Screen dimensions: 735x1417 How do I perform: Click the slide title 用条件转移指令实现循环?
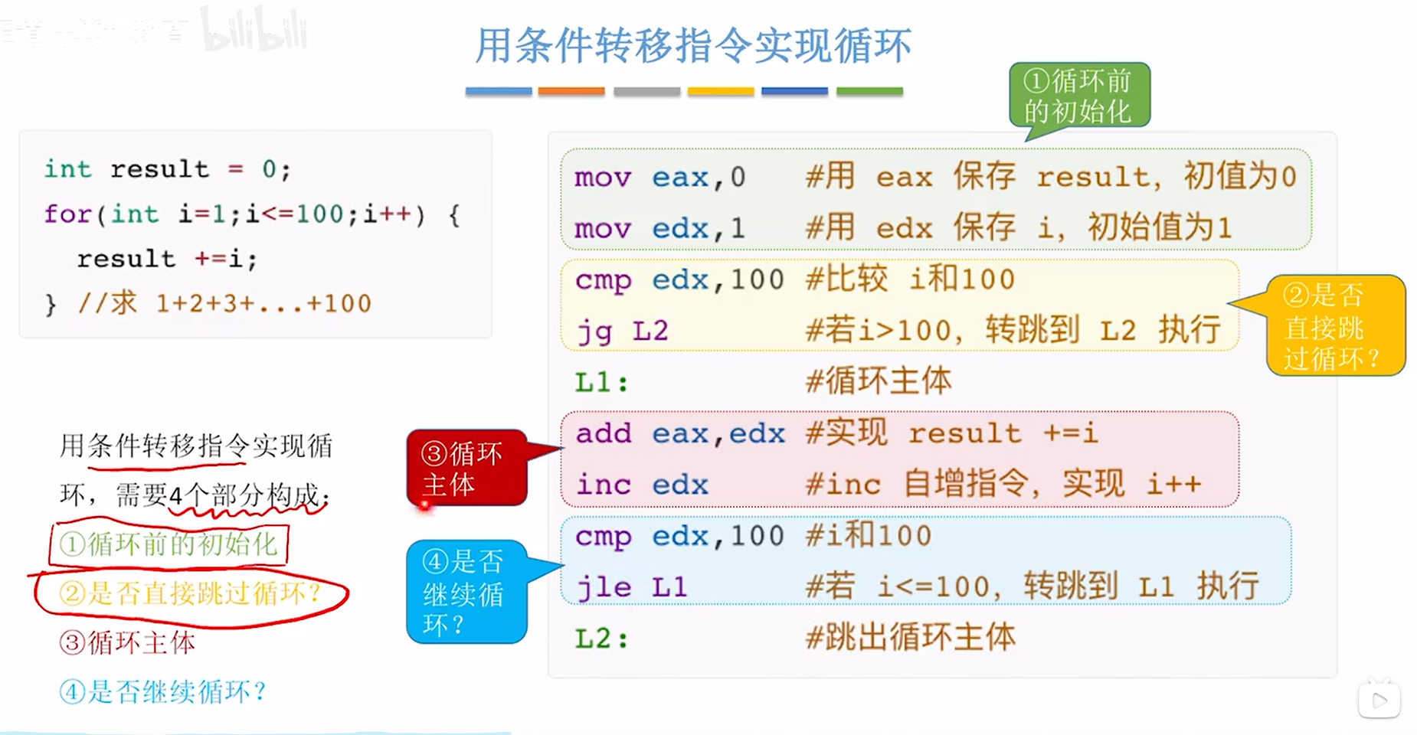693,45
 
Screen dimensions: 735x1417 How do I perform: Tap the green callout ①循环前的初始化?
1078,96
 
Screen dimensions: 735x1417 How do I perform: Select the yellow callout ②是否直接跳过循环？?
1334,326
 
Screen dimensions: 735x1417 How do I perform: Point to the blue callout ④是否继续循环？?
466,592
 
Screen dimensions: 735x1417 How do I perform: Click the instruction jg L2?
622,332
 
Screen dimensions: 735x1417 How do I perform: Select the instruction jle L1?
631,587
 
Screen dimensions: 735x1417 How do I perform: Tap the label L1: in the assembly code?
602,382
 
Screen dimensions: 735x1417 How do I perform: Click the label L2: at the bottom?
602,638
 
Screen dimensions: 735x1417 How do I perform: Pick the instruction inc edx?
642,485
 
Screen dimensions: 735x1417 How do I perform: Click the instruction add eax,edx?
680,433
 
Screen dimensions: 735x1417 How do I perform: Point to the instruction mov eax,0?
659,178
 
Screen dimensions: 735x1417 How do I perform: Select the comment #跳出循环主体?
911,638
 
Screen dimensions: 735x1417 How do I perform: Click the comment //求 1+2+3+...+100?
224,304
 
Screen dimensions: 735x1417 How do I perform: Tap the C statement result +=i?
167,260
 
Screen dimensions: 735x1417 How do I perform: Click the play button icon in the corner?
1379,700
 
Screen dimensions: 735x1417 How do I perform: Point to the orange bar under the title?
571,91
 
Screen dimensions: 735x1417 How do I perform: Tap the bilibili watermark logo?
254,31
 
